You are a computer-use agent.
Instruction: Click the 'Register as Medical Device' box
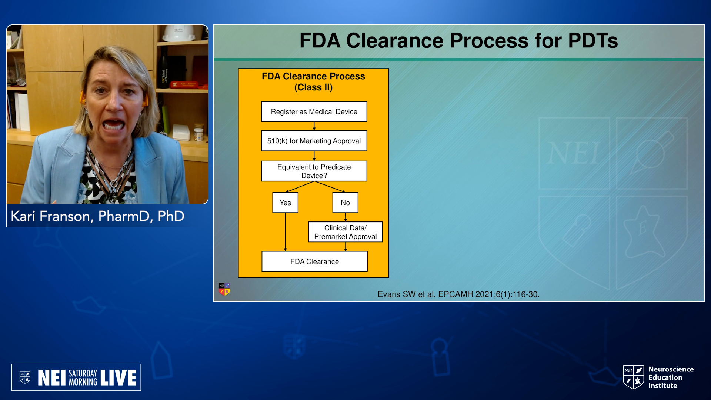(314, 111)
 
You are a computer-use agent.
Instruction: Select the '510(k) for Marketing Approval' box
(314, 141)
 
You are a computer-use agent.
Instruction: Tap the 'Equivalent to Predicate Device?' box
(314, 171)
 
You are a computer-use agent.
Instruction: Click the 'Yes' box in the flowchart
(285, 203)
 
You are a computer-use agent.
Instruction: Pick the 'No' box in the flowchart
(345, 203)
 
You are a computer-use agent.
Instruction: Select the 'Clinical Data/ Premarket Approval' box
(346, 232)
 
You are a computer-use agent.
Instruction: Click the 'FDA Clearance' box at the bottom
(314, 261)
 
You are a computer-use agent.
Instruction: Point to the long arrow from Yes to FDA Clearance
(285, 232)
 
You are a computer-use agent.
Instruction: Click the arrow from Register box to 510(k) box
(314, 126)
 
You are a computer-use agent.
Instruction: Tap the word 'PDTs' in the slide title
(593, 41)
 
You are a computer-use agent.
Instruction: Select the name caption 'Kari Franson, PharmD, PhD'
(97, 216)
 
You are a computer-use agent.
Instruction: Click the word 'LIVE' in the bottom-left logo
(118, 378)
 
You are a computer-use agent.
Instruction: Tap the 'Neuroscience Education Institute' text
(671, 377)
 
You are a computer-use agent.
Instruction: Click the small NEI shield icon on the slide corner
(224, 289)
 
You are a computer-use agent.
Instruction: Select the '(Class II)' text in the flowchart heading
(313, 87)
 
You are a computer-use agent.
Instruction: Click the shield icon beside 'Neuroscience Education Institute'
(634, 377)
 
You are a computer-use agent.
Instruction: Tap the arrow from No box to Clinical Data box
(345, 217)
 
